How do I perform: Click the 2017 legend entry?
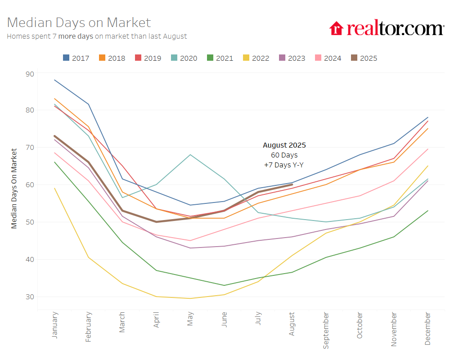coord(76,58)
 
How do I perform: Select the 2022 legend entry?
coord(256,58)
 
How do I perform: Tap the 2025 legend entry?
coord(364,58)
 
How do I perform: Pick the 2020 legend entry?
coord(184,58)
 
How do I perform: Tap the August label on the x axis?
coord(292,324)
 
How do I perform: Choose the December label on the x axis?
coord(427,328)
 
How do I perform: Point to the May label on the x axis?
coord(190,319)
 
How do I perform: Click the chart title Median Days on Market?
coord(79,22)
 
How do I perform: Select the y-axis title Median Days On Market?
coord(14,188)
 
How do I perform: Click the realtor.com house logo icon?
coord(336,28)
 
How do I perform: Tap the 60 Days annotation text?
coord(284,155)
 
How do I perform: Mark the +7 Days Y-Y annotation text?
coord(284,165)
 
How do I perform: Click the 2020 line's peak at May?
coord(190,155)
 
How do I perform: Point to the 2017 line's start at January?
coord(54,80)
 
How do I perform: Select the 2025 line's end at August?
coord(292,184)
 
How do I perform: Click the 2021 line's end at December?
coord(427,211)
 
